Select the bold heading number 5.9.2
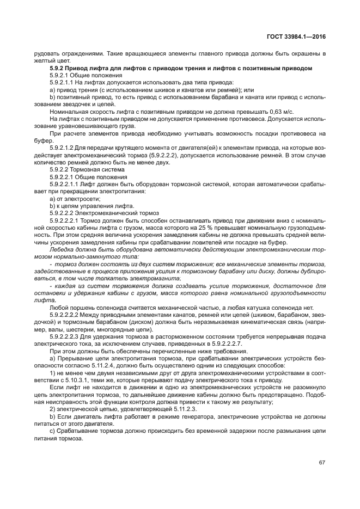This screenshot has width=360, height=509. [57, 68]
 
